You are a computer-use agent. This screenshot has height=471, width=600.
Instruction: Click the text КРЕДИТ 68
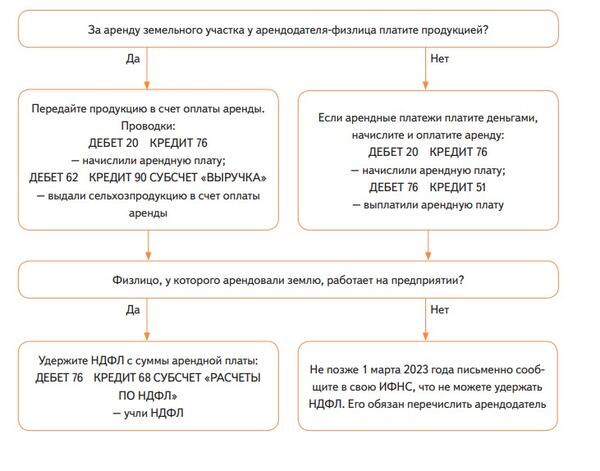pos(125,377)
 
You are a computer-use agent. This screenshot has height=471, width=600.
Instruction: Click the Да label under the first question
pos(130,59)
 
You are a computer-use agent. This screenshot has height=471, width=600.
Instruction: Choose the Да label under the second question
pos(130,310)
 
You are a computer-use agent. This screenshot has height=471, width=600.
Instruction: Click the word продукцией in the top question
pos(450,29)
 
